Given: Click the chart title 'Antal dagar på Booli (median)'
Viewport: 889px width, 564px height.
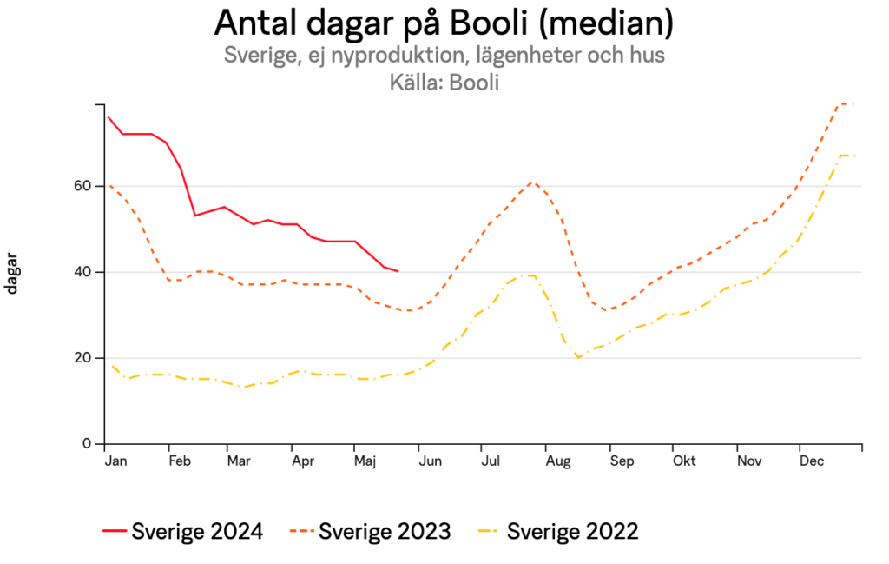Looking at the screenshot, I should click(444, 23).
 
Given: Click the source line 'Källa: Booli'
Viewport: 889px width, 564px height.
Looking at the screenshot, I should click(444, 82).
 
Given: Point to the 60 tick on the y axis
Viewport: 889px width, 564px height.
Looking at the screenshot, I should click(82, 186).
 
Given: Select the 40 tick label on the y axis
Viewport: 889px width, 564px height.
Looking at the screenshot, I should click(82, 272).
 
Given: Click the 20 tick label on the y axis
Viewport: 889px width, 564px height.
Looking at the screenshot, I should click(82, 358).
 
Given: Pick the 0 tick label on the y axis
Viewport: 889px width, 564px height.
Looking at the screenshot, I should click(87, 444).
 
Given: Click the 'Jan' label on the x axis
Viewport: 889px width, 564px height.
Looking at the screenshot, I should click(115, 461).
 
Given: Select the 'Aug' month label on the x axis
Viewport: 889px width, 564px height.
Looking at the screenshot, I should click(558, 461).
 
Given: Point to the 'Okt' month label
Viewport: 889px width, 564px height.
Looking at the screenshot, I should click(684, 461).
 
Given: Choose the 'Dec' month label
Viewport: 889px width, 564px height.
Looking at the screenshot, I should click(812, 461).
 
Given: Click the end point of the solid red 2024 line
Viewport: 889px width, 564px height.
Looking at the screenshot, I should click(398, 271).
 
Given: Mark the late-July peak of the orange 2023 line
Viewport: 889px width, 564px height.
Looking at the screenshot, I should click(532, 182).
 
